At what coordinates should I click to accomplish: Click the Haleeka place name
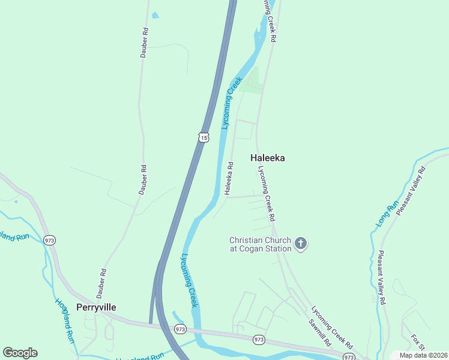[267, 158]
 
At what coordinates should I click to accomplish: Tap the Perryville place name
[92, 307]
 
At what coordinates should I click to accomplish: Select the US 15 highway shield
[203, 137]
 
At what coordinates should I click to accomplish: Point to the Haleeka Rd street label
[229, 178]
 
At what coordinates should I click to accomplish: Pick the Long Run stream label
[388, 212]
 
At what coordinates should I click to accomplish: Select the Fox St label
[417, 344]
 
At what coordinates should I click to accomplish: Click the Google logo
[20, 353]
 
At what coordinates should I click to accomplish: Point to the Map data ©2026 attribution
[423, 355]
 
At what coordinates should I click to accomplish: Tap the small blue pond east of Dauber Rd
[155, 15]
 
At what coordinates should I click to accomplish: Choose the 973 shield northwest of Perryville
[50, 239]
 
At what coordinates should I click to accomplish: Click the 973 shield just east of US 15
[180, 329]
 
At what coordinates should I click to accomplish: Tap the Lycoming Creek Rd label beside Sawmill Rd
[331, 328]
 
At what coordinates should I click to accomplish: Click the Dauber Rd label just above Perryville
[101, 283]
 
